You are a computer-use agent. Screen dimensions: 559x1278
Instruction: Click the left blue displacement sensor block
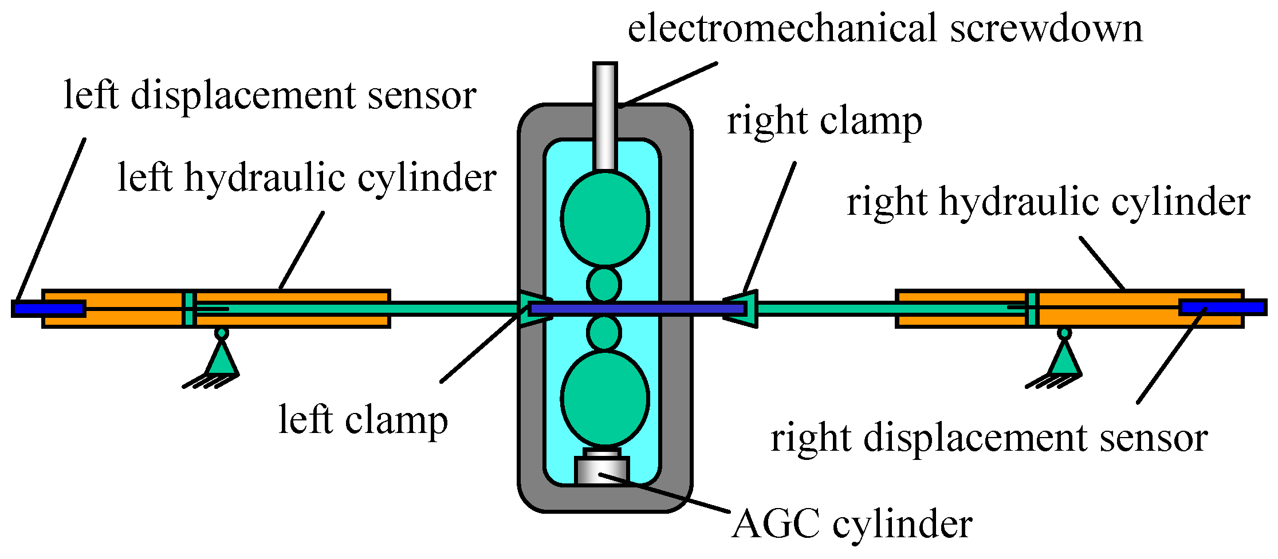coord(49,309)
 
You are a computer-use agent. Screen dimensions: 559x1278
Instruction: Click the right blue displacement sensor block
coord(1222,308)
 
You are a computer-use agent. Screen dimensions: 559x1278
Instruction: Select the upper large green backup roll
coord(605,219)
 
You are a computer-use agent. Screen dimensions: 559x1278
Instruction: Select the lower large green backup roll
coord(605,398)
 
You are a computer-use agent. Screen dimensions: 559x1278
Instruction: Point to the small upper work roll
coord(604,285)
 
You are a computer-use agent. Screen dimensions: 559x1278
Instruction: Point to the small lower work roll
coord(604,333)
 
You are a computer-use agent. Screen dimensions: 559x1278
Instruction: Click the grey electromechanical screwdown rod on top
coord(605,115)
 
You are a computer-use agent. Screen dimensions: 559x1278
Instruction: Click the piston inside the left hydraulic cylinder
coord(189,309)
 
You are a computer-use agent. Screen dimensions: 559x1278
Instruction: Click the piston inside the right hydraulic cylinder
coord(1032,309)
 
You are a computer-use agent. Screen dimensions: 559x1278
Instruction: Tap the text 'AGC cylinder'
coord(852,523)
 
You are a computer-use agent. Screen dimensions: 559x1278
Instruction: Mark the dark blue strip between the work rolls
coord(636,309)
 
